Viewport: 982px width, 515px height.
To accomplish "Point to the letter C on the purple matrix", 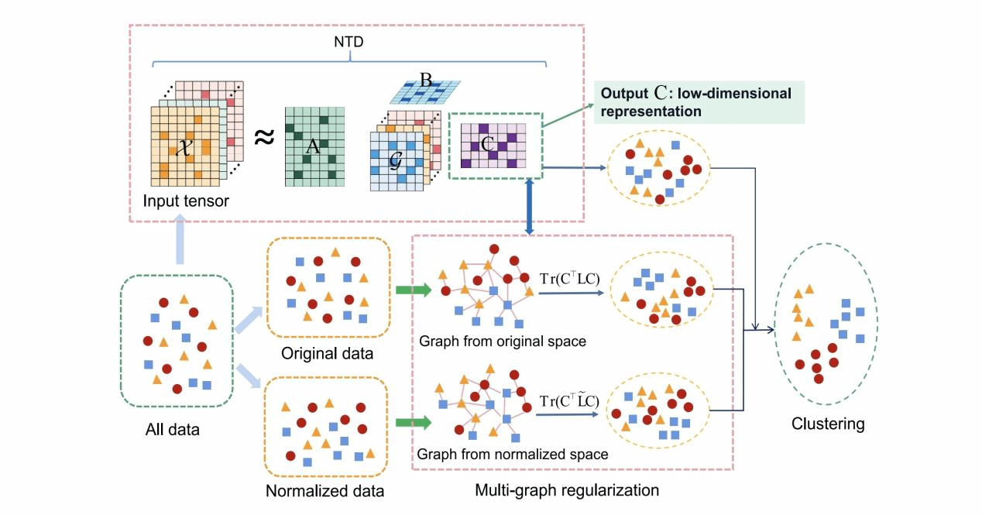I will coord(487,143).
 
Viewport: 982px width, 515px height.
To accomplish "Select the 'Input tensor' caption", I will coord(186,201).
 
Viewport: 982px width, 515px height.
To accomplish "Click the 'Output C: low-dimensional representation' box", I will coord(697,102).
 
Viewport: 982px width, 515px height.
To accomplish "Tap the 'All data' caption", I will coord(172,428).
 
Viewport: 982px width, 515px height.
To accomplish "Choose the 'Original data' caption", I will coord(328,354).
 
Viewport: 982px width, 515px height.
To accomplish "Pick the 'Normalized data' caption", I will coord(324,490).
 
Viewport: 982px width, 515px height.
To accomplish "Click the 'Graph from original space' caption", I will coord(503,340).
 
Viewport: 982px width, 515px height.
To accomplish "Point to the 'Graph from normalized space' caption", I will coord(512,455).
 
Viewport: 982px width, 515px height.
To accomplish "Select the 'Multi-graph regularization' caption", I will coord(567,490).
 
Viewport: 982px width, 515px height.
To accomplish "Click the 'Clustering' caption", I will coord(828,424).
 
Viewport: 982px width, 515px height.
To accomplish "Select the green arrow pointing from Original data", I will coord(413,290).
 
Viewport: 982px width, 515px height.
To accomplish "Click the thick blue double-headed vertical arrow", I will coord(529,205).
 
